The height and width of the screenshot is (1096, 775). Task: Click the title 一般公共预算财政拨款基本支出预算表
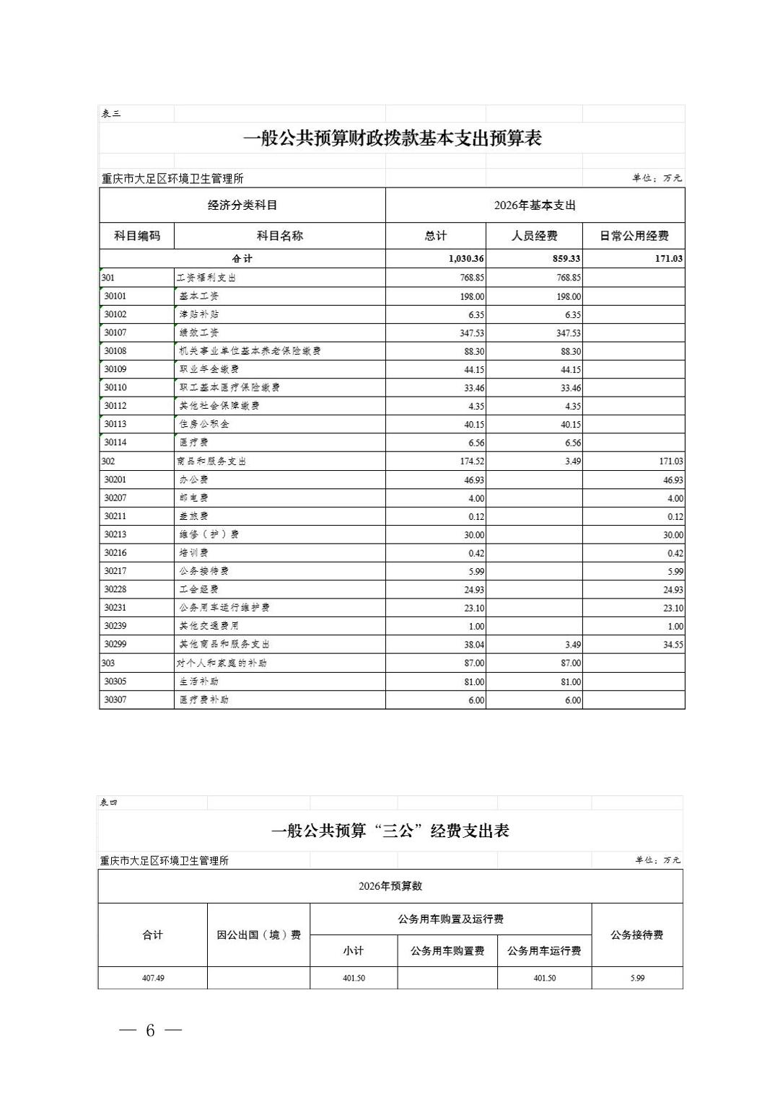click(x=392, y=138)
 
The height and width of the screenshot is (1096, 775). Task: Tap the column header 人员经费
click(x=534, y=236)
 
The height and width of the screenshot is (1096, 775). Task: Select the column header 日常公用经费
click(x=634, y=236)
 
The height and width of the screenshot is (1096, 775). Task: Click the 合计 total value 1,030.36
click(x=465, y=259)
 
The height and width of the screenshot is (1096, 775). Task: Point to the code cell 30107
click(x=115, y=332)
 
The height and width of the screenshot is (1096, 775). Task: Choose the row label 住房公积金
click(x=204, y=424)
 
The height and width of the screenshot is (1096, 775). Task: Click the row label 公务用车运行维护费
click(x=224, y=607)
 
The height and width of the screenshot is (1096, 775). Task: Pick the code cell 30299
click(x=115, y=644)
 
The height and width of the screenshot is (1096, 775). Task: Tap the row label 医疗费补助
click(x=204, y=699)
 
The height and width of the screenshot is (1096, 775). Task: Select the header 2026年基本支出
click(x=535, y=205)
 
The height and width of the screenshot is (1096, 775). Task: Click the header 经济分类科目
click(x=242, y=205)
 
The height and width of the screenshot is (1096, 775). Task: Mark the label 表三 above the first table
click(x=111, y=114)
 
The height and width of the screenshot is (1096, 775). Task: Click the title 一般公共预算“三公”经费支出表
click(x=390, y=831)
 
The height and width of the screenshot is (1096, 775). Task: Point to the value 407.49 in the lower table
click(x=153, y=978)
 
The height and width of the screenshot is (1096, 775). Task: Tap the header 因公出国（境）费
click(x=258, y=934)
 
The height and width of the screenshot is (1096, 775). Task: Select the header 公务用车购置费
click(x=447, y=951)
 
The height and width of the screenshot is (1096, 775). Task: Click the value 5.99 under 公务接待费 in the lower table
click(x=636, y=978)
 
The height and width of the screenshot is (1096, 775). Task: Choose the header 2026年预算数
click(x=390, y=886)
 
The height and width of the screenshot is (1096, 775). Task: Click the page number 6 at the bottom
click(x=150, y=1030)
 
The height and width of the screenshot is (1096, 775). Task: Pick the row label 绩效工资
click(x=199, y=332)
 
